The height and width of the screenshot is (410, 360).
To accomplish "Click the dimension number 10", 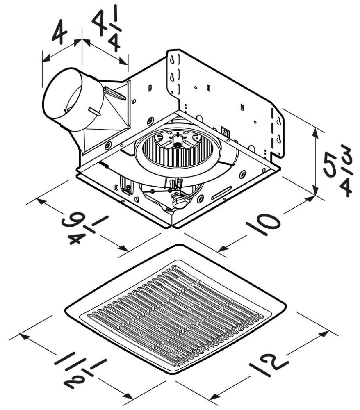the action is pos(263,224).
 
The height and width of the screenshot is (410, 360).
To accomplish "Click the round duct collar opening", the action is pos(62,100).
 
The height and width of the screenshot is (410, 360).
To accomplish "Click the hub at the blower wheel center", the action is pos(177,144).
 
